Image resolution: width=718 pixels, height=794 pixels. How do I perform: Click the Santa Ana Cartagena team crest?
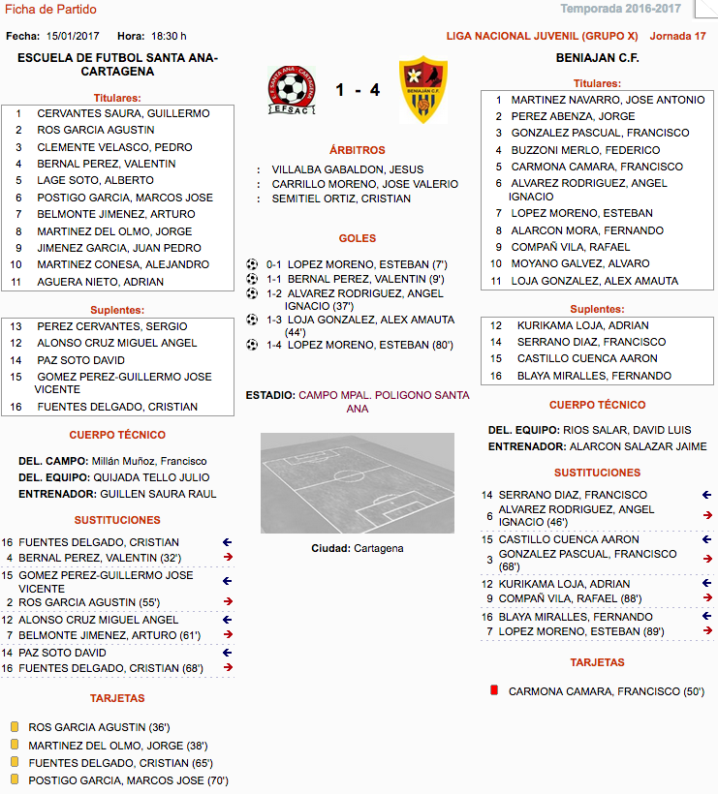click(292, 90)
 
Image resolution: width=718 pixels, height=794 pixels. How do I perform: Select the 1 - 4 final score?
click(358, 90)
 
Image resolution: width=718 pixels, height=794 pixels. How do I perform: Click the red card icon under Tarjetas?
click(494, 691)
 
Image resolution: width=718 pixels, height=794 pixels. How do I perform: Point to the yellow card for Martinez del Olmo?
click(15, 745)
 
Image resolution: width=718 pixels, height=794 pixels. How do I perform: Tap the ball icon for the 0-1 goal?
click(253, 262)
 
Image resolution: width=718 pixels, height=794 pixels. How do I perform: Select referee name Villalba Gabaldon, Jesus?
click(347, 168)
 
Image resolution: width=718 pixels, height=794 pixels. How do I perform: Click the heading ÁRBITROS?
click(357, 150)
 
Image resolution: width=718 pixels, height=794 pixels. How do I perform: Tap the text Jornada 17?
click(677, 36)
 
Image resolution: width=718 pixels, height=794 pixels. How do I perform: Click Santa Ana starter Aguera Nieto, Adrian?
click(100, 282)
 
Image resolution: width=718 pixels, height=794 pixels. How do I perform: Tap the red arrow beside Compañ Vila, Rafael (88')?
click(707, 598)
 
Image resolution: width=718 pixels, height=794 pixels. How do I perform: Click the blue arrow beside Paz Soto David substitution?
click(227, 653)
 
